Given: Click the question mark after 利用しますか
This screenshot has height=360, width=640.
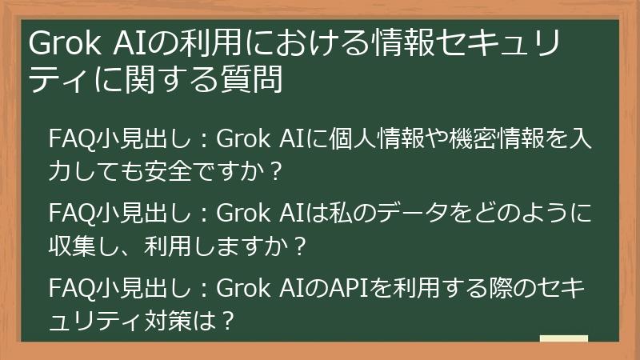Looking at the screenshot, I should (299, 247).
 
